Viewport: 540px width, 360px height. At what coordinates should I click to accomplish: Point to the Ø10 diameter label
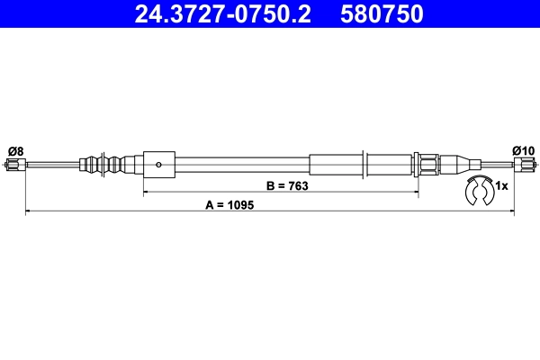523,149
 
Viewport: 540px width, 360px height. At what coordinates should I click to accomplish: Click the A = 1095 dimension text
230,205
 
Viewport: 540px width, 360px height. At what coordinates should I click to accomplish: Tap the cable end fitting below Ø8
14,165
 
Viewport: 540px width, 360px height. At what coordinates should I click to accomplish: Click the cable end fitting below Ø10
524,165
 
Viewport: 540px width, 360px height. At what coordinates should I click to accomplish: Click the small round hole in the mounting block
158,165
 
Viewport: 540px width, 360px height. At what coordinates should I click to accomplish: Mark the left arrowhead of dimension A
28,212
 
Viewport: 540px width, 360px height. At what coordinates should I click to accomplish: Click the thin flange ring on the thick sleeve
364,165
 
